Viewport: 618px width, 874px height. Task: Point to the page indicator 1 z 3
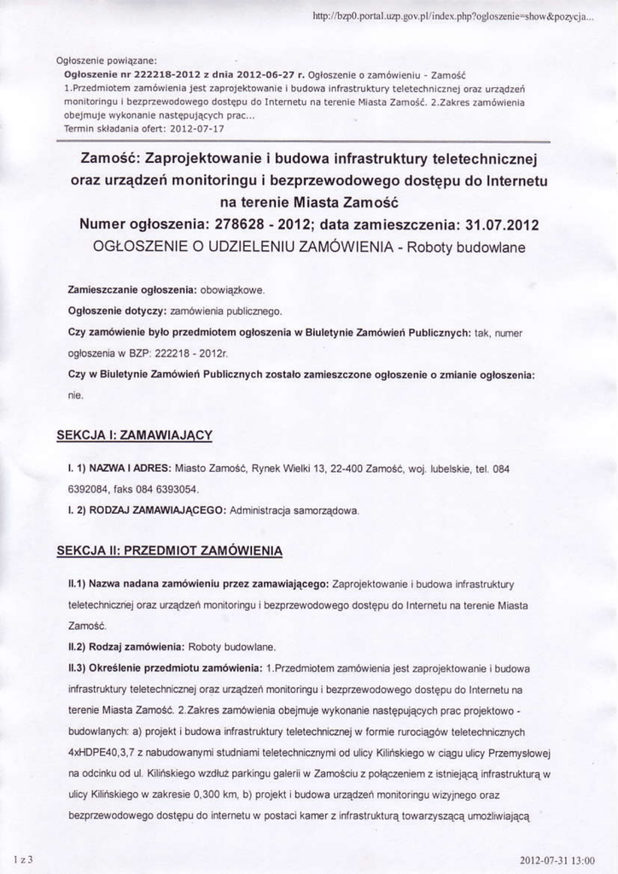pyautogui.click(x=23, y=859)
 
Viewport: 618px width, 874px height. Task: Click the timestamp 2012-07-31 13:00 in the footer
pyautogui.click(x=556, y=859)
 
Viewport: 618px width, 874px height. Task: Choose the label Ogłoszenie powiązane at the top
pyautogui.click(x=102, y=61)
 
